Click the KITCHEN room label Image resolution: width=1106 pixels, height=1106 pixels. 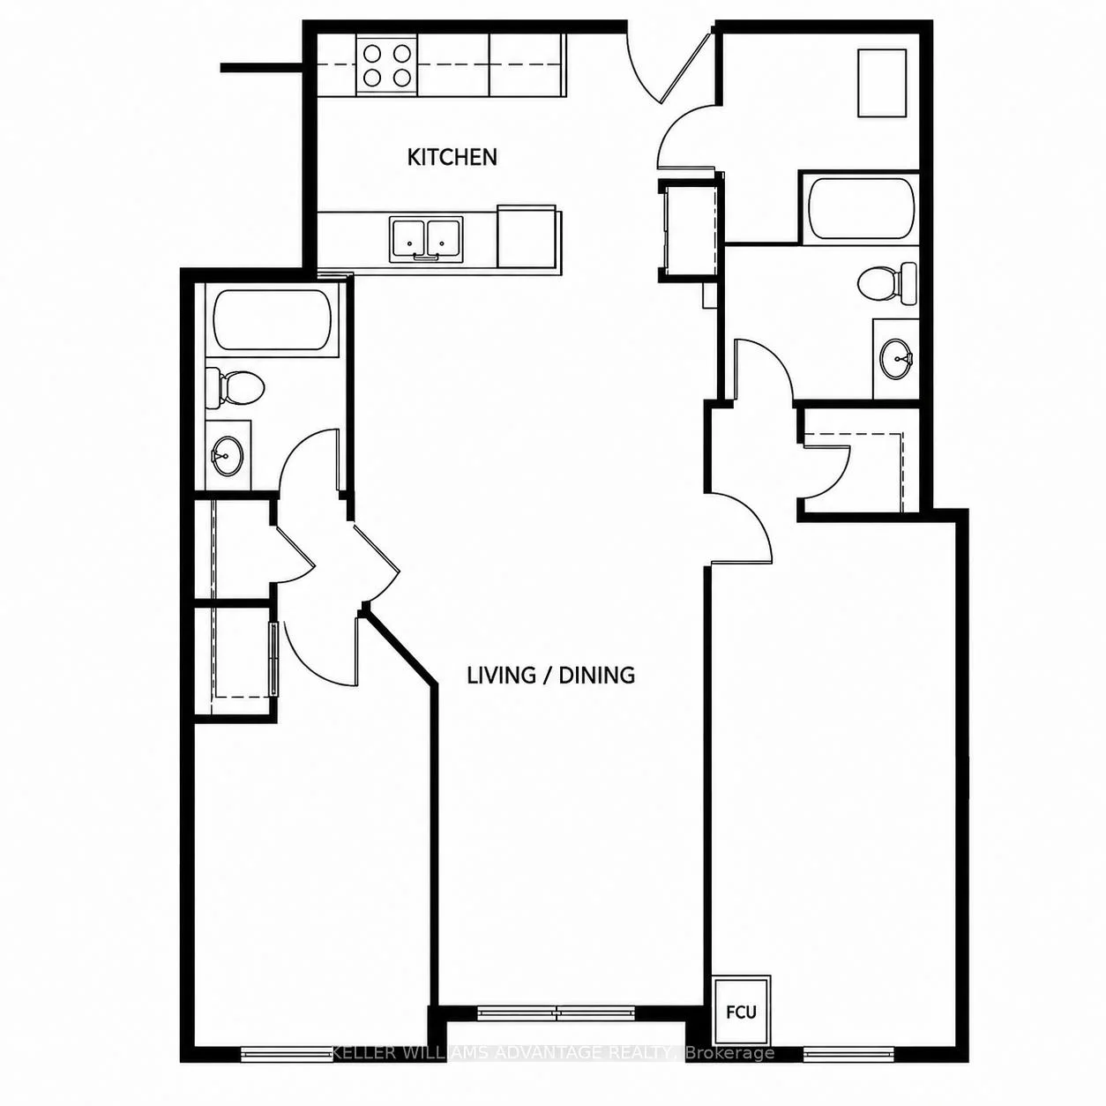(x=452, y=157)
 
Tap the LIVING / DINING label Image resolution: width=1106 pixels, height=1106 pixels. (x=551, y=675)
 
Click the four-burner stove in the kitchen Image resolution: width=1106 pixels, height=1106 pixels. (x=386, y=64)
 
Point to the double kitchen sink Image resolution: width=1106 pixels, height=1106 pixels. (x=427, y=239)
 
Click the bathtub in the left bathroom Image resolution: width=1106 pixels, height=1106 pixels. (x=273, y=319)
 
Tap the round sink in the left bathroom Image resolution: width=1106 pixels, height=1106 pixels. (x=228, y=455)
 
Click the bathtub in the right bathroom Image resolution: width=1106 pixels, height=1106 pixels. (x=860, y=209)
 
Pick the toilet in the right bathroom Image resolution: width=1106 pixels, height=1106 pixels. (x=887, y=283)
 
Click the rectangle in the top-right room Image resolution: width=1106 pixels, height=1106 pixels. (x=882, y=83)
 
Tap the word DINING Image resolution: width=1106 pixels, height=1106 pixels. (x=597, y=675)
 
